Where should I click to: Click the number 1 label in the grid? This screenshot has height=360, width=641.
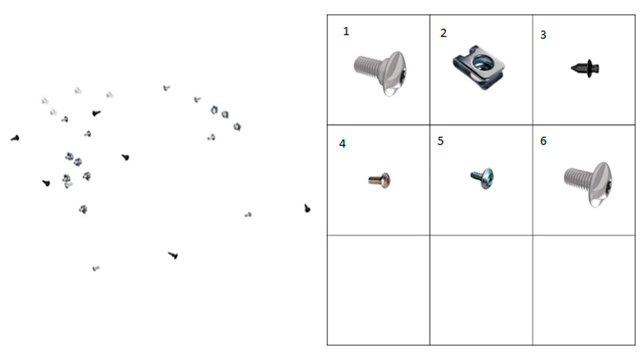(346, 31)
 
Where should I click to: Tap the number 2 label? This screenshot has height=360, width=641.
(444, 33)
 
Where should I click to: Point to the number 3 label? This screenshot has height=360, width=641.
(544, 35)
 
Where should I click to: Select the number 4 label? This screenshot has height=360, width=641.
(342, 144)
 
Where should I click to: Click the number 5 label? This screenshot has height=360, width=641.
(440, 142)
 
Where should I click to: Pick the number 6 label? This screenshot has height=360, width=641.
(544, 142)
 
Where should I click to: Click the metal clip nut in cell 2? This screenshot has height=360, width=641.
(479, 67)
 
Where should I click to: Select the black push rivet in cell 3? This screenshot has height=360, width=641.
(585, 69)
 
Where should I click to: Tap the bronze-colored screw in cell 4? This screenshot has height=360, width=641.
(379, 180)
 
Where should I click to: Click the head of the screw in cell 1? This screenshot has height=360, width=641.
(394, 74)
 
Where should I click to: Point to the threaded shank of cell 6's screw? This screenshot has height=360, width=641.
(576, 179)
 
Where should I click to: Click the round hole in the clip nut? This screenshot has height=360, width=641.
(481, 62)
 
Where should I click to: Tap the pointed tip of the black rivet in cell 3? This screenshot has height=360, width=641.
(572, 69)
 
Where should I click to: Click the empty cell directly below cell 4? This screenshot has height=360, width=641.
(379, 290)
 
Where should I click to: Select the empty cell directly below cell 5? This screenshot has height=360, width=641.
(481, 290)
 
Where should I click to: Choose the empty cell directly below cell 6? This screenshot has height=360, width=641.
(584, 290)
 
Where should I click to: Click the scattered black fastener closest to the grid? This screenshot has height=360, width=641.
(307, 209)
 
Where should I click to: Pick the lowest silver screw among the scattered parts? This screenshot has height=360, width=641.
(96, 268)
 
